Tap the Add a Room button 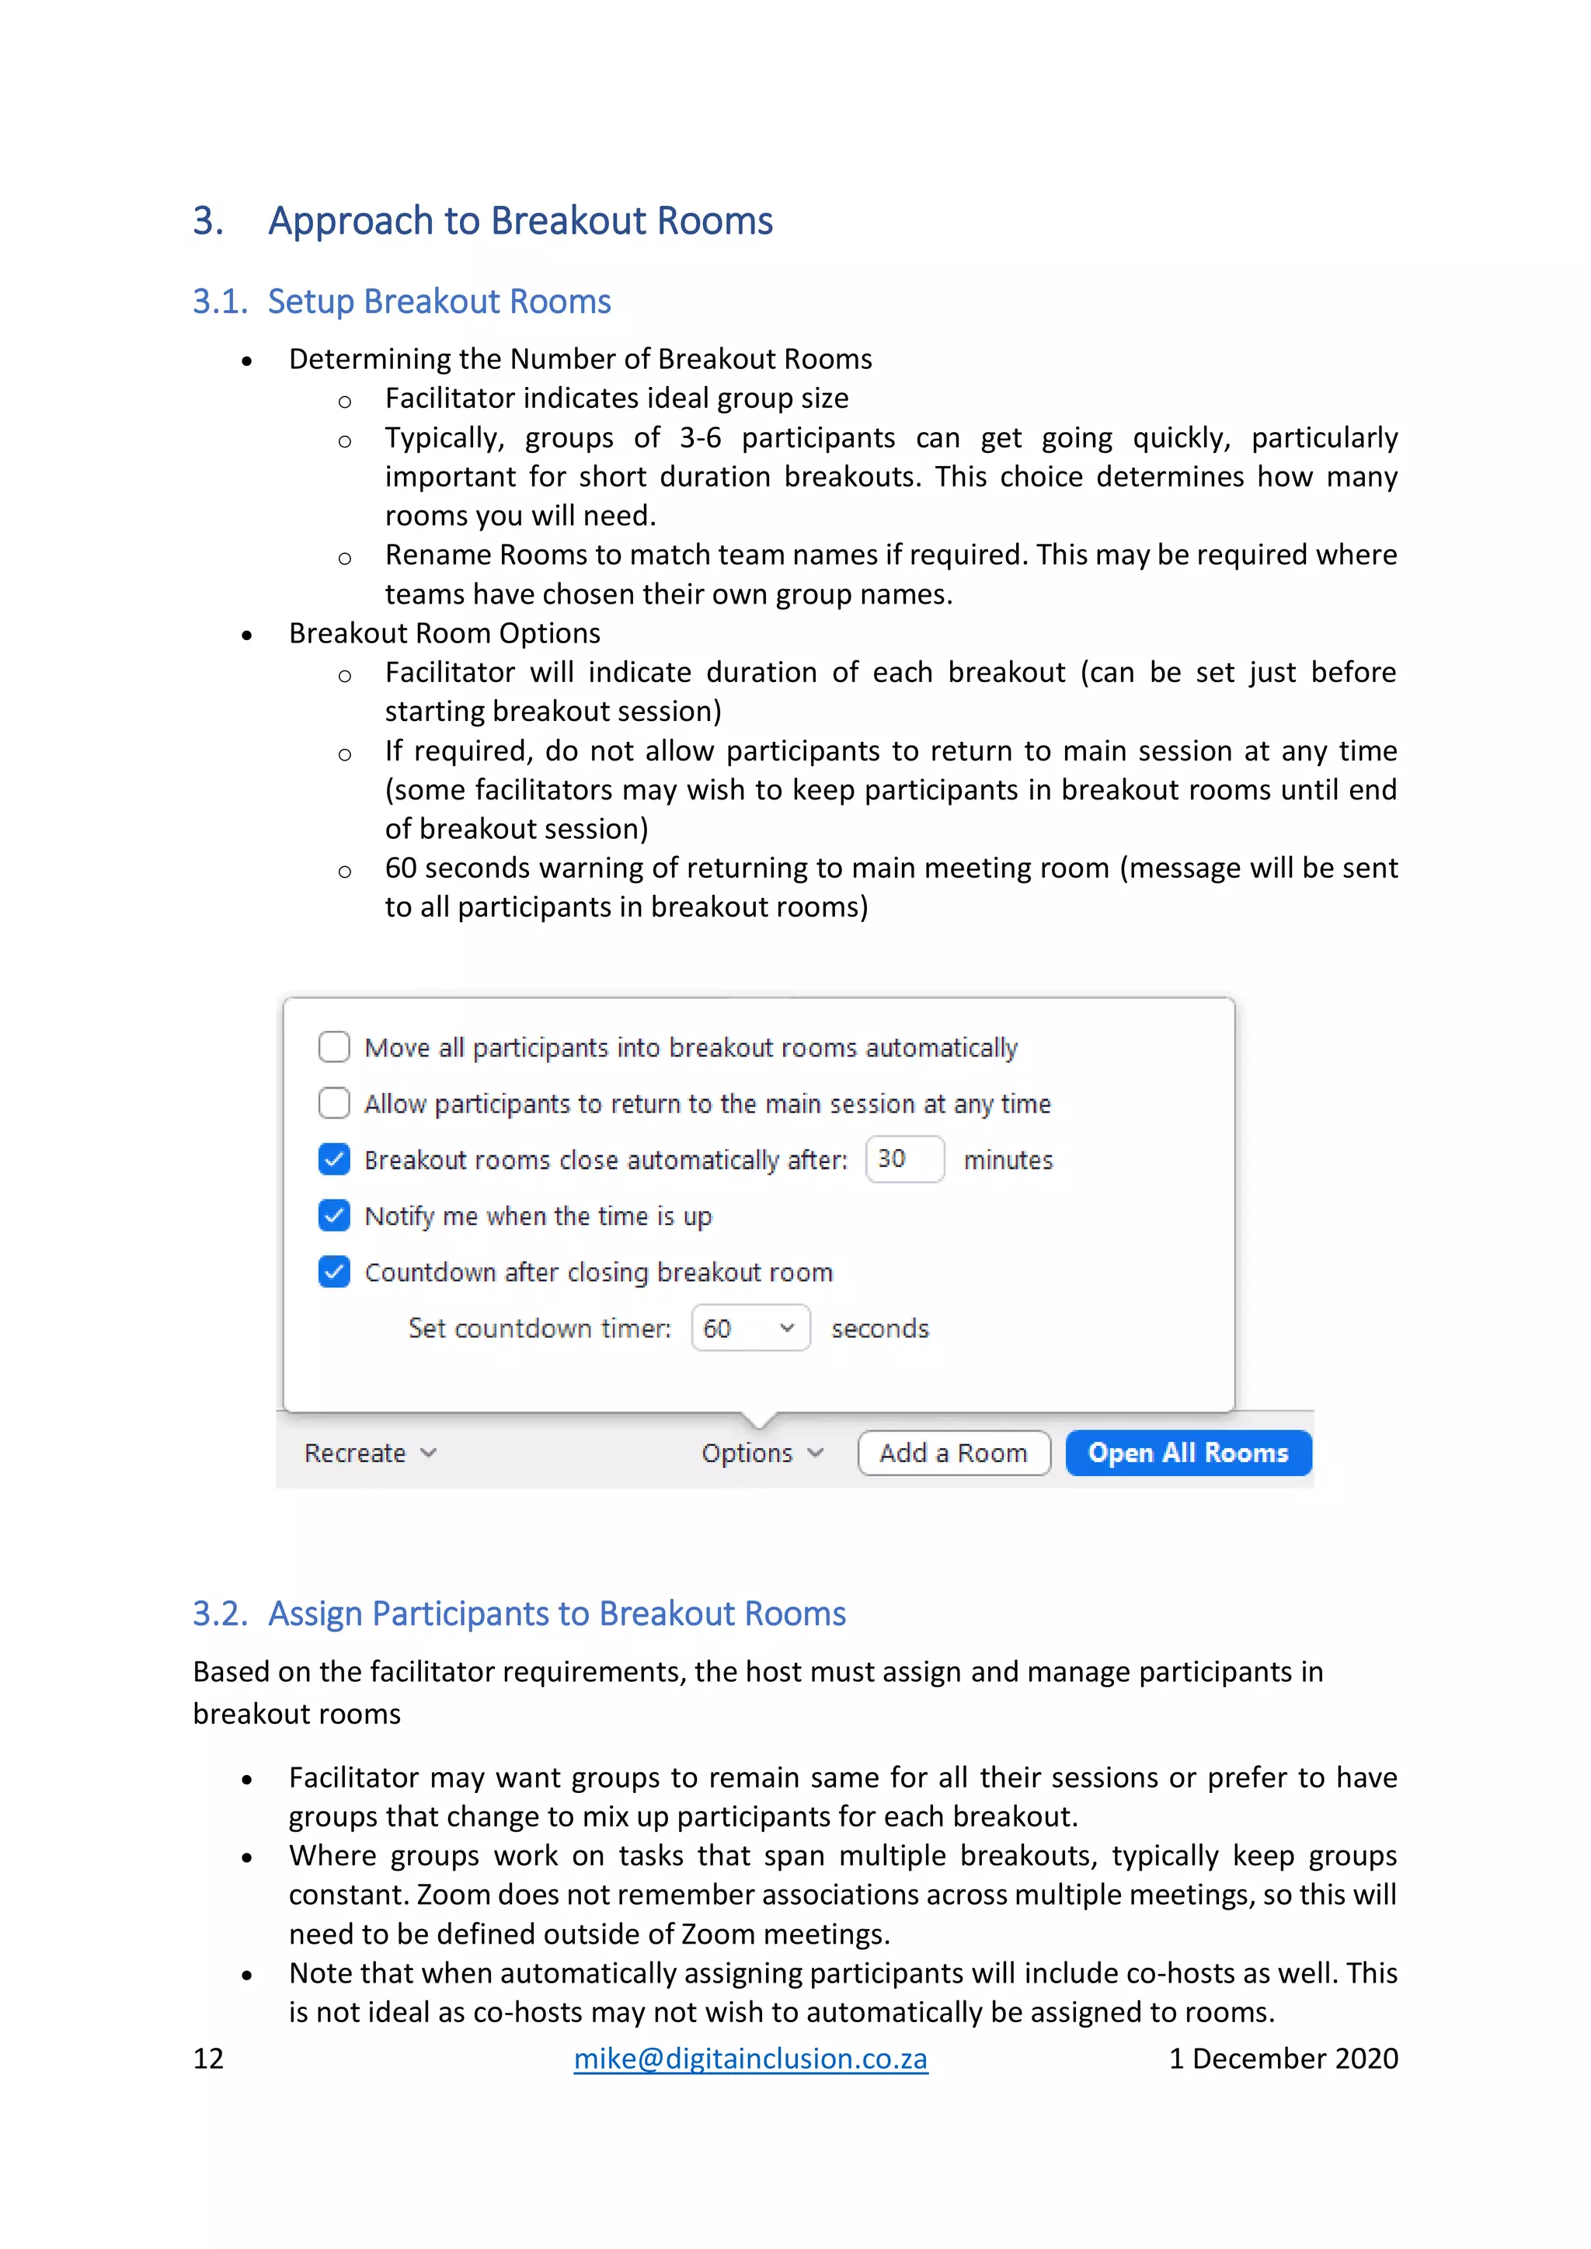(953, 1453)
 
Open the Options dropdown (761, 1453)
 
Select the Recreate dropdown (369, 1453)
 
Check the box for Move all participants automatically (334, 1047)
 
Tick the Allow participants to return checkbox (334, 1103)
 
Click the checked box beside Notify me (334, 1216)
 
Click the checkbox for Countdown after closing (334, 1272)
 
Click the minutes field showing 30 (903, 1159)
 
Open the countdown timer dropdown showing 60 (750, 1328)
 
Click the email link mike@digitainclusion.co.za (750, 2058)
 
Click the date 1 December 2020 (1283, 2058)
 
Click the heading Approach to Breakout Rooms (520, 221)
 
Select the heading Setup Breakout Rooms (439, 301)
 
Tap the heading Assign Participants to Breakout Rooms (556, 1614)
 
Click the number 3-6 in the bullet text (701, 438)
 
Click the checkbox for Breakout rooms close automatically (334, 1159)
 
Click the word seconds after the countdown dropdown (879, 1328)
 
